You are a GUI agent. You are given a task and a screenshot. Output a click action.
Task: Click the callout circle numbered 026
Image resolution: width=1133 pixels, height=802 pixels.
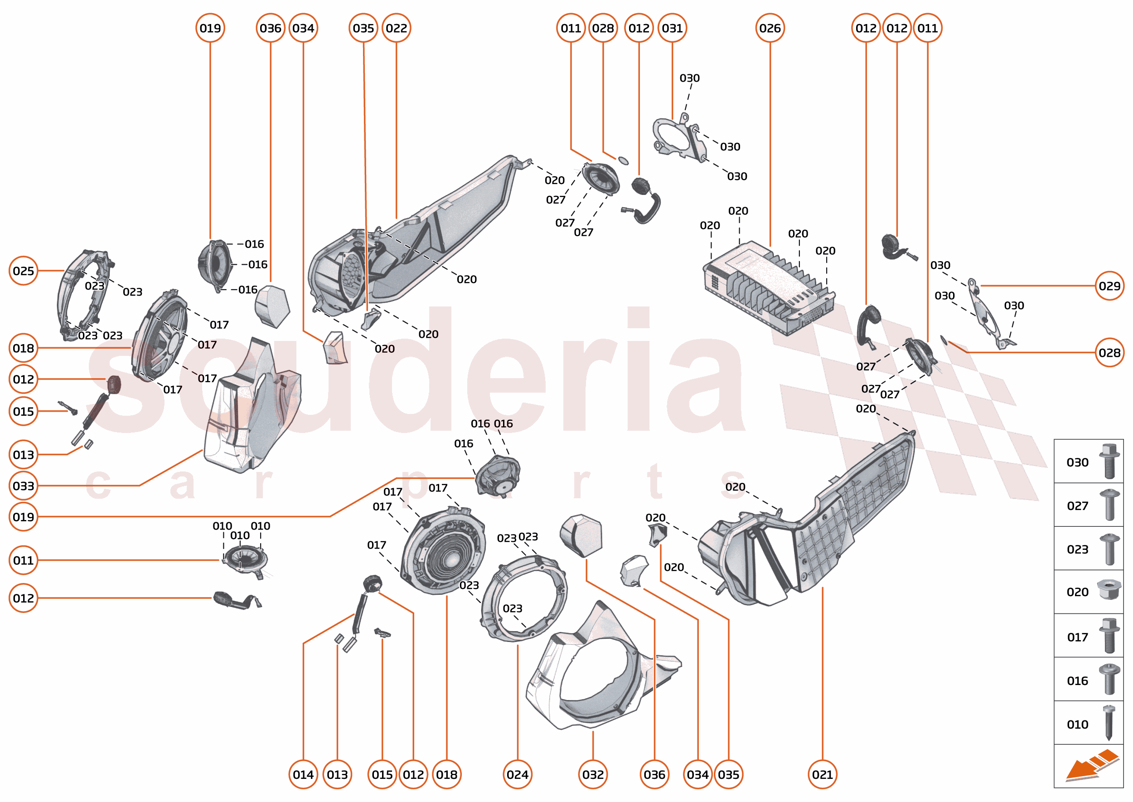coord(770,28)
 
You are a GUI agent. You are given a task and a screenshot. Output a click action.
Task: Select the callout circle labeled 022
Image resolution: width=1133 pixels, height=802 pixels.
coord(397,28)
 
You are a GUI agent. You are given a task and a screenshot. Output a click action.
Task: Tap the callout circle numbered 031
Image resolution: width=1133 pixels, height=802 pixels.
coord(672,28)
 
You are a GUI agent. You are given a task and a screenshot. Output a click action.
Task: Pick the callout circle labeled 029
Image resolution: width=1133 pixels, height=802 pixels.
coord(1109,286)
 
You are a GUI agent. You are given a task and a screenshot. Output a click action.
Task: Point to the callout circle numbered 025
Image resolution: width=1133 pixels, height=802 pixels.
coord(24,271)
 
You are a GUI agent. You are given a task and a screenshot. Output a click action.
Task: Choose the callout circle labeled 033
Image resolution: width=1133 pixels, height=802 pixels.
coord(24,486)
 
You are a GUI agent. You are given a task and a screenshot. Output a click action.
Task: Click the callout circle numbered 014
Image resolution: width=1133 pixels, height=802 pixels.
coord(303,774)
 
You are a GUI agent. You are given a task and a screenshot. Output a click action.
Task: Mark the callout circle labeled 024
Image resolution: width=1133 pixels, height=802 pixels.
coord(518,774)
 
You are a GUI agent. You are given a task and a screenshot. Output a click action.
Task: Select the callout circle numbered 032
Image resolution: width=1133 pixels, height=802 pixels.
coord(593,774)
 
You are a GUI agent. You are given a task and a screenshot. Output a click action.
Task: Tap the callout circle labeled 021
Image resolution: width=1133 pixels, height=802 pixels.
coord(823,774)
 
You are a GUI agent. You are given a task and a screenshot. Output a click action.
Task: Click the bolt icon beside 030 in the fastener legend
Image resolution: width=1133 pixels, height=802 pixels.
coord(1109,461)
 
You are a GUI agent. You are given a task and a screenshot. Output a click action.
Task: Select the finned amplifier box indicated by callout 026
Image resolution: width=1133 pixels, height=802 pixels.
coord(768,289)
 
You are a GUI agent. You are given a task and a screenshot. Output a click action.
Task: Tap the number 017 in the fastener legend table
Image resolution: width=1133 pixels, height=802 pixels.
coord(1077,637)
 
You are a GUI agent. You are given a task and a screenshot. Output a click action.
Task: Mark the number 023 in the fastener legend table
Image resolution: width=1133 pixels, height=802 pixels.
coord(1077,549)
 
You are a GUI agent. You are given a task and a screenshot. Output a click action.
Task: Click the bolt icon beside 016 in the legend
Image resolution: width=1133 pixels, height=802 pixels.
coord(1109,679)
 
